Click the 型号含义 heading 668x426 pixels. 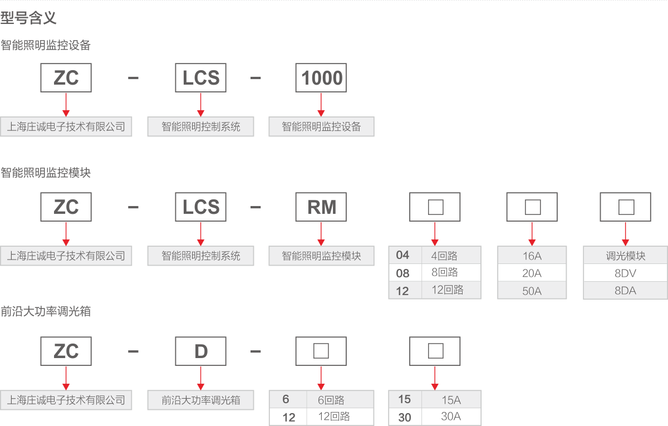(x=29, y=18)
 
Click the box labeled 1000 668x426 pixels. (x=321, y=78)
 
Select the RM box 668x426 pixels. (x=321, y=207)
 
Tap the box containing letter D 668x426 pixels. (x=201, y=351)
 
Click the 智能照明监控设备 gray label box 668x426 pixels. (x=321, y=127)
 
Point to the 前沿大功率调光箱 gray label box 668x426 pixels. (x=201, y=400)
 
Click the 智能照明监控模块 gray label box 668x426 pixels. (x=321, y=256)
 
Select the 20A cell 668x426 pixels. (x=532, y=273)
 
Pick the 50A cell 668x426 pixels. (x=532, y=290)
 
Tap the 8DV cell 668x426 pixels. (x=625, y=273)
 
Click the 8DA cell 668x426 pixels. (x=625, y=290)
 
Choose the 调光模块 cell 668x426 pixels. (x=625, y=256)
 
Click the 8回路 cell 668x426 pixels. (x=451, y=273)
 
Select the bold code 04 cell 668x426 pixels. (x=403, y=256)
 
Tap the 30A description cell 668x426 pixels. (x=451, y=417)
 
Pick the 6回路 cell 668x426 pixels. (x=339, y=400)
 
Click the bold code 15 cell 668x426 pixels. (x=405, y=399)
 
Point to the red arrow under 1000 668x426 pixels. (x=321, y=104)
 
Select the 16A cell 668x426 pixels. (x=532, y=256)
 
